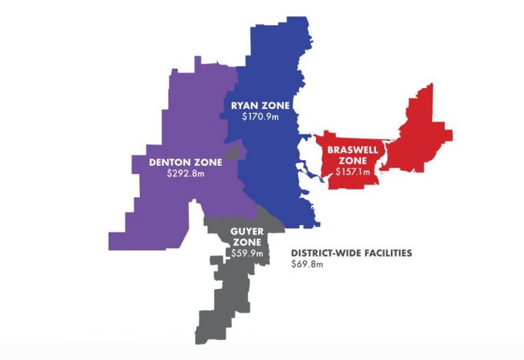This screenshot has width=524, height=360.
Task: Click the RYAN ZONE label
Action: point(260,106)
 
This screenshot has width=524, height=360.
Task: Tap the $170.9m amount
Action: point(260,117)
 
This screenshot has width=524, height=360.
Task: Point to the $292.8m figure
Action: point(185,174)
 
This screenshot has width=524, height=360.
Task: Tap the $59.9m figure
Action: point(246,254)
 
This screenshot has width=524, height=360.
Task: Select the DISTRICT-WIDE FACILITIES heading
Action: point(351,252)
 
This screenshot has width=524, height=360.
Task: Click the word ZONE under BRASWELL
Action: point(353,161)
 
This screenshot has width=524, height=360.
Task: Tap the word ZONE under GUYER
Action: point(246,243)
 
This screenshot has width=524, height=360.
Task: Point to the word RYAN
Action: point(246,106)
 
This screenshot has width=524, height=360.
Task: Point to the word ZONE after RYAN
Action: point(276,106)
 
